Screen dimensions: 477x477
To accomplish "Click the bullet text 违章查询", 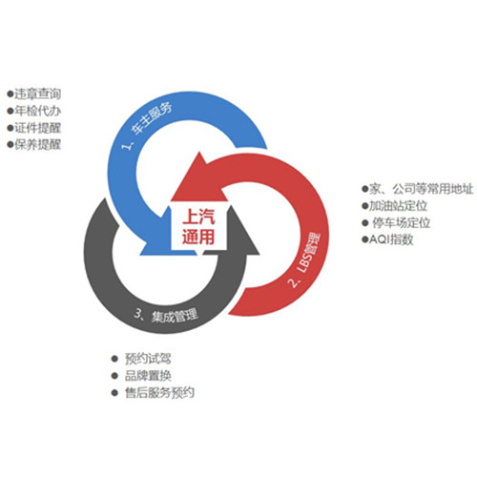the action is tap(37, 93).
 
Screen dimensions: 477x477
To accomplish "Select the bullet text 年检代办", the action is tap(37, 111).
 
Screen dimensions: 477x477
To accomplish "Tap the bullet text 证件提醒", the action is tap(37, 128).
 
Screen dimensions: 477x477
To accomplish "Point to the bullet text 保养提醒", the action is tap(37, 145).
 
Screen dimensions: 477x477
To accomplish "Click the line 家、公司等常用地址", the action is tap(421, 189).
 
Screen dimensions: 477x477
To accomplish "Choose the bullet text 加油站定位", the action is tap(398, 206).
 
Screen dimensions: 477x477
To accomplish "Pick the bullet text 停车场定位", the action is tap(402, 222).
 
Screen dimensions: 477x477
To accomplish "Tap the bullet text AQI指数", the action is tap(391, 239).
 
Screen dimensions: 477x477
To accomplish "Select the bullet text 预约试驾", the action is tap(148, 359).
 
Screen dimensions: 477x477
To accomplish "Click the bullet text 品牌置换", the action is tap(148, 376).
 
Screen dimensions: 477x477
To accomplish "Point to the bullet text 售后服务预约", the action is tap(159, 393).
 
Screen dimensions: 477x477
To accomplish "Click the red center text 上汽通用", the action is tap(198, 226).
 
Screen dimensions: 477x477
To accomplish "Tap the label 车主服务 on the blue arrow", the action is tap(152, 118).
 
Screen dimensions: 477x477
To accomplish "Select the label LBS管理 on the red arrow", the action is tap(308, 254).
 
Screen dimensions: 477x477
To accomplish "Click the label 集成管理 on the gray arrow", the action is tap(175, 316).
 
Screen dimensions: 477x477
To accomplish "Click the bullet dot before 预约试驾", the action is tap(114, 359).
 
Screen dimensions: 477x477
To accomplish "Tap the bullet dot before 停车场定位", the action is tap(364, 222).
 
